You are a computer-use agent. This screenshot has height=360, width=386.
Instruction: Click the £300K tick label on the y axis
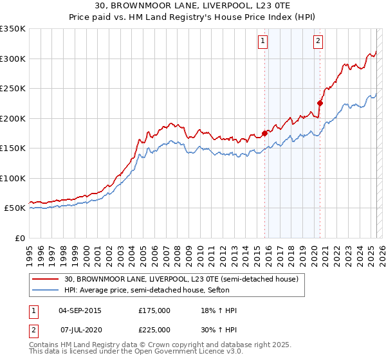point(13,59)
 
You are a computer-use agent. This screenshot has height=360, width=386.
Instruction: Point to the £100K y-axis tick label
point(13,178)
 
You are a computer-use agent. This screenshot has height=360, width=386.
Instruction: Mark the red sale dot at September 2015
point(264,134)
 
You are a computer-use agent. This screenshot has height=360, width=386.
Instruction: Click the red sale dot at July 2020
point(320,103)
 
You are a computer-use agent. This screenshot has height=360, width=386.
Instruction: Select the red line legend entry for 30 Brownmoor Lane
point(181,280)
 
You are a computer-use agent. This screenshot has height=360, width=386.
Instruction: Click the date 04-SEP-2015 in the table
point(80,310)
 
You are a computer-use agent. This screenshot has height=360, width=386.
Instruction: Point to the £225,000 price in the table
point(154,330)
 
